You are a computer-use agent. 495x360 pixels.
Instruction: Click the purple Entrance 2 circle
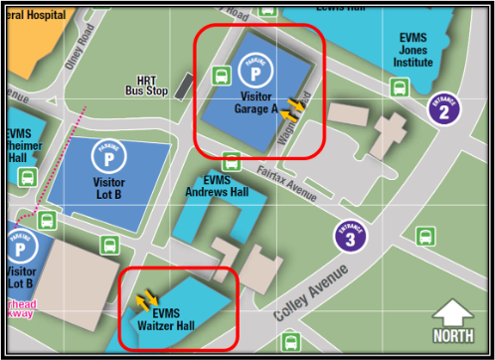pos(443,107)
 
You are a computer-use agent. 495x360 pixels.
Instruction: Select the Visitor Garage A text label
pos(256,102)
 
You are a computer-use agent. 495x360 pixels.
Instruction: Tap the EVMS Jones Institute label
pos(412,50)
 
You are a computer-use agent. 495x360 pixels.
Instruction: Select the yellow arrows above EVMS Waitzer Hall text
pos(147,298)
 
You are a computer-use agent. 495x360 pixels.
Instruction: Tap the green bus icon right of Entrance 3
pos(425,236)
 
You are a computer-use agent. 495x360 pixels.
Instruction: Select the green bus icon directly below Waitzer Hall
pos(290,343)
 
